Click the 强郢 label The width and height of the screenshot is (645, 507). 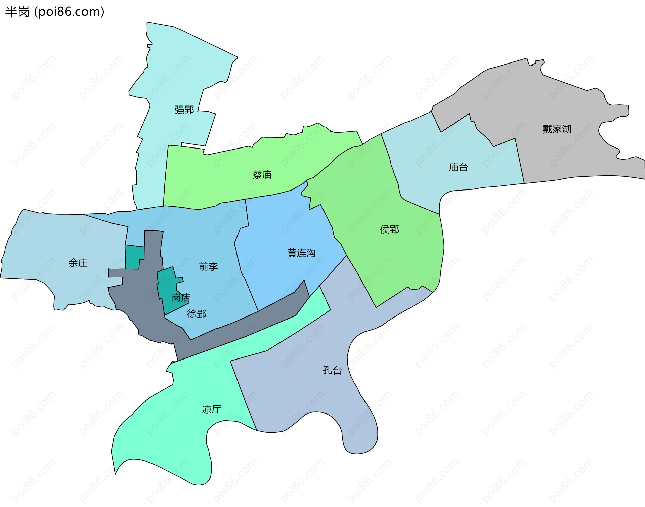tap(184, 110)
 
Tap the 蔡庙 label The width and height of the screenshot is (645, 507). tap(262, 175)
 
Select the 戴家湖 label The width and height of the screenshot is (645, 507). tap(557, 129)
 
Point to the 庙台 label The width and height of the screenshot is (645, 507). tap(458, 167)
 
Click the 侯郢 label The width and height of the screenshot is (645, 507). tap(389, 230)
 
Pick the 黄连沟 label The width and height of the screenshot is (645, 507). tap(301, 253)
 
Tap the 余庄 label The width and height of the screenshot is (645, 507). tap(78, 263)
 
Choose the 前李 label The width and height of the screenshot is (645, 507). tap(208, 267)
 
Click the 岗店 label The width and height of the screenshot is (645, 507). tap(181, 297)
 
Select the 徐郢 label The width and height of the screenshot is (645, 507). tap(197, 314)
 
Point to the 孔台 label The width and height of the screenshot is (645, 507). tap(332, 370)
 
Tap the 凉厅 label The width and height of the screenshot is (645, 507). tap(211, 409)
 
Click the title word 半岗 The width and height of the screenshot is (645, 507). tap(17, 12)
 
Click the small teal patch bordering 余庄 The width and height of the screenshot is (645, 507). tap(134, 257)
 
